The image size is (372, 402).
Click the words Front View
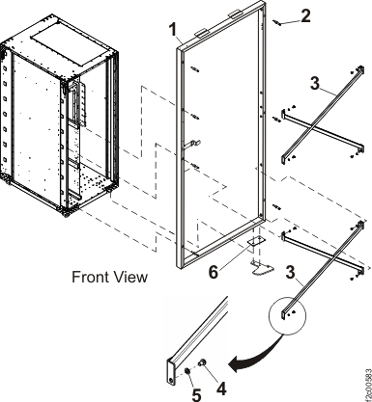coord(109,278)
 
